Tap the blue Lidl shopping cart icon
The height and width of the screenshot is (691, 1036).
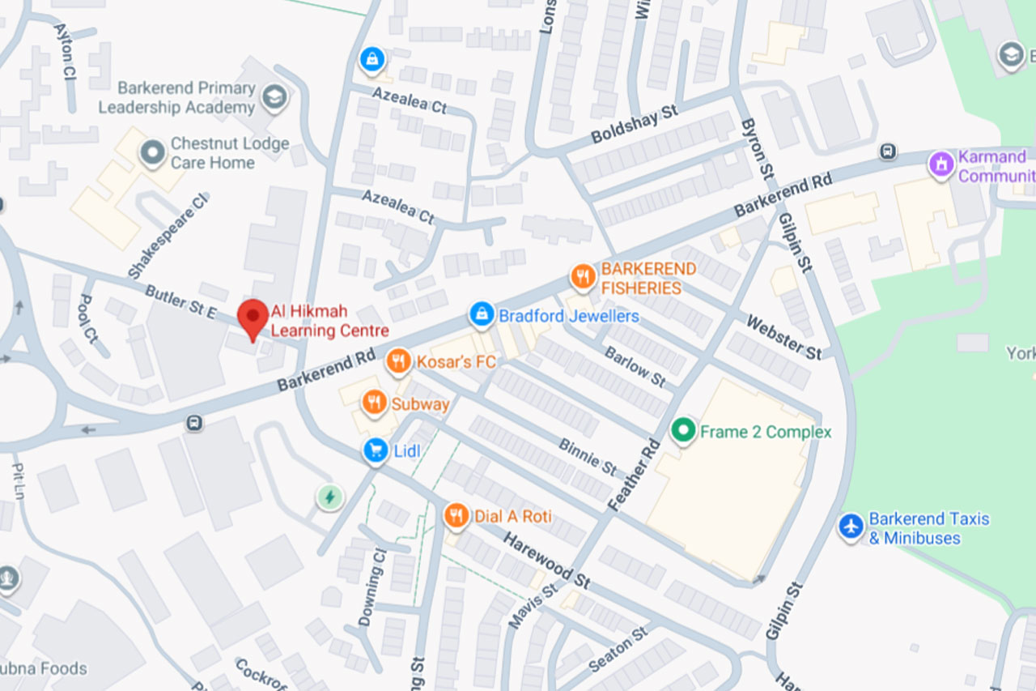[375, 450]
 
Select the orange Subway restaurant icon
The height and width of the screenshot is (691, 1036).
[374, 403]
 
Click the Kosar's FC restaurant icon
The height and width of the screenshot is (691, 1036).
[398, 361]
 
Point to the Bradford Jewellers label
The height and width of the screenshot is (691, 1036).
[568, 316]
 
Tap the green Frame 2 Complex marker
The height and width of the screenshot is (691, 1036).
[684, 431]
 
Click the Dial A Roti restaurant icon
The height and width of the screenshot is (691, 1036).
[457, 516]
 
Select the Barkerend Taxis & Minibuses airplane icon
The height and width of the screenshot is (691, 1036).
[851, 527]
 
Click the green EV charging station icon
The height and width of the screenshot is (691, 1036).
[329, 497]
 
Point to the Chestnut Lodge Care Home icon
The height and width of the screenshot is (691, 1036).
[151, 153]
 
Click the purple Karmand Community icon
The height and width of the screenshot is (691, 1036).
[940, 166]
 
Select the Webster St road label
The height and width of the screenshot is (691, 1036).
[783, 337]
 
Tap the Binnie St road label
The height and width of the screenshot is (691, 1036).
[588, 456]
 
